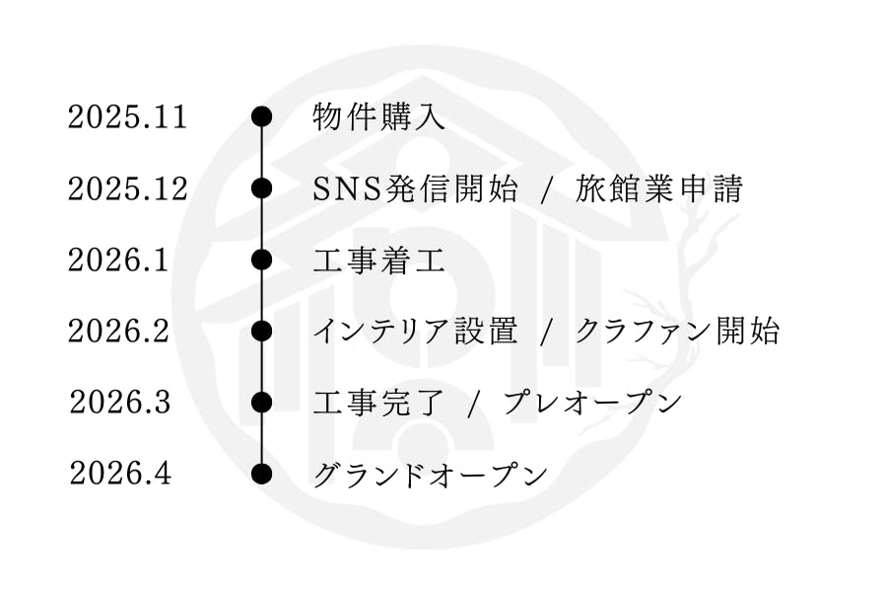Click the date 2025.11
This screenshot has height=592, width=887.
(127, 117)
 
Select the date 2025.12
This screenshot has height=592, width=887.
(127, 188)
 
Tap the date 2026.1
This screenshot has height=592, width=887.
(118, 260)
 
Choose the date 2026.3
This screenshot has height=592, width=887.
(120, 403)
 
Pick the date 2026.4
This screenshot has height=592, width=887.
(120, 474)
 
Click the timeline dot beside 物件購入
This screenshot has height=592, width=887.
(261, 117)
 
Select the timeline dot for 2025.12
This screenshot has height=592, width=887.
(261, 188)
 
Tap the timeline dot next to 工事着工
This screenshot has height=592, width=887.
(261, 260)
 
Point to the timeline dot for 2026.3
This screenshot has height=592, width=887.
(261, 403)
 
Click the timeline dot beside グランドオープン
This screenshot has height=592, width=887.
(261, 474)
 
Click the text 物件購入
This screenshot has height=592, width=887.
(378, 118)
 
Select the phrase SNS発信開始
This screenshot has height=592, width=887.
(415, 189)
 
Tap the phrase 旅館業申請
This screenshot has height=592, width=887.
(658, 189)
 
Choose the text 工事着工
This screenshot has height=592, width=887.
(378, 261)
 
